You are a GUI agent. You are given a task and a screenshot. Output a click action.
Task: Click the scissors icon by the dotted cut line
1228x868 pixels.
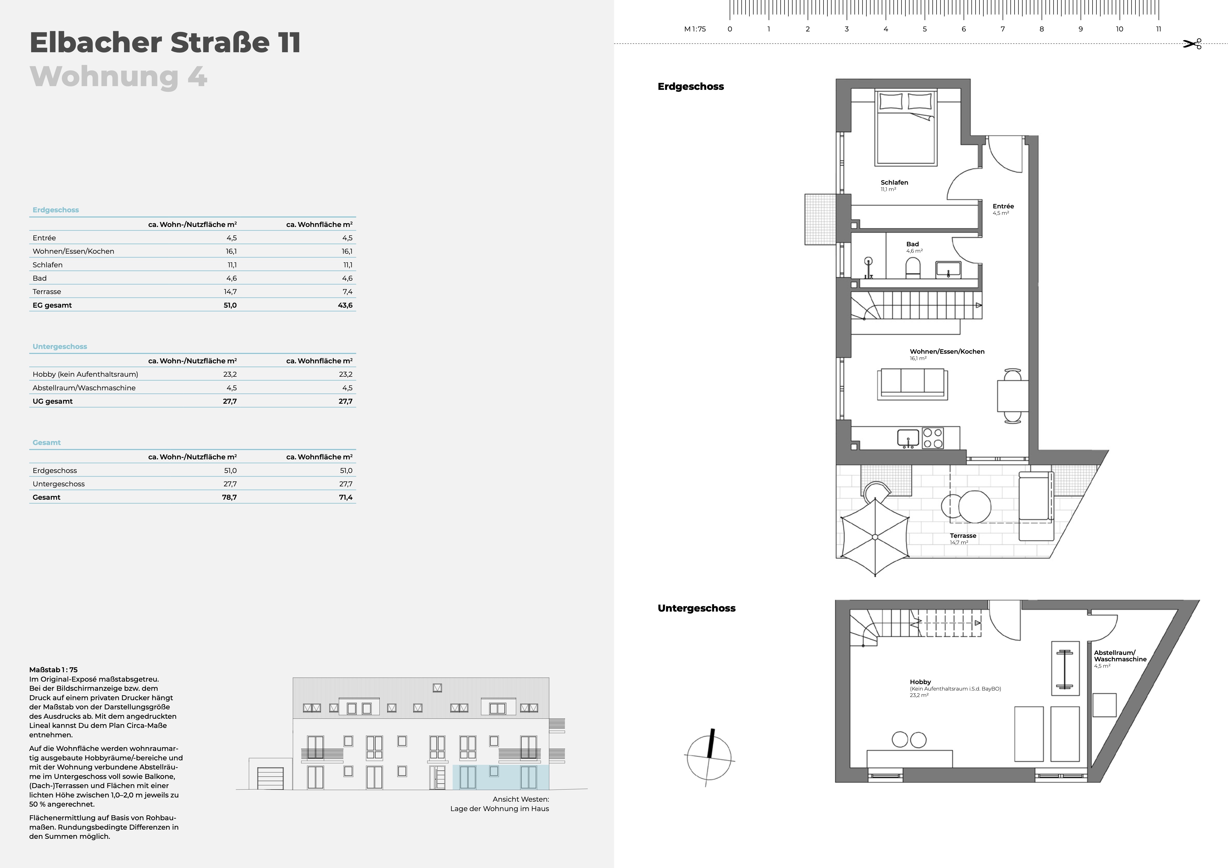1192,44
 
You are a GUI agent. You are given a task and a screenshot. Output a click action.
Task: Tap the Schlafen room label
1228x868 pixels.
894,182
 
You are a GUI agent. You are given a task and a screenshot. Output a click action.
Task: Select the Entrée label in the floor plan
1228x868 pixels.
1003,206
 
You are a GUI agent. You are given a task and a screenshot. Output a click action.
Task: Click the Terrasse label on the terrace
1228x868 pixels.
963,535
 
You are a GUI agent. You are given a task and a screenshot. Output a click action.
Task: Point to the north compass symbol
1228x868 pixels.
709,757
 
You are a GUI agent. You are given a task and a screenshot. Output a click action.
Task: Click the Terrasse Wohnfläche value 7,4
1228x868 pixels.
348,292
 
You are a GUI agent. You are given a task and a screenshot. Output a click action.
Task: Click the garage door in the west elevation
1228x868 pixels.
271,778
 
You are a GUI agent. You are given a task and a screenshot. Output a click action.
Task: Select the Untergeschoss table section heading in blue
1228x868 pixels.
60,347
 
